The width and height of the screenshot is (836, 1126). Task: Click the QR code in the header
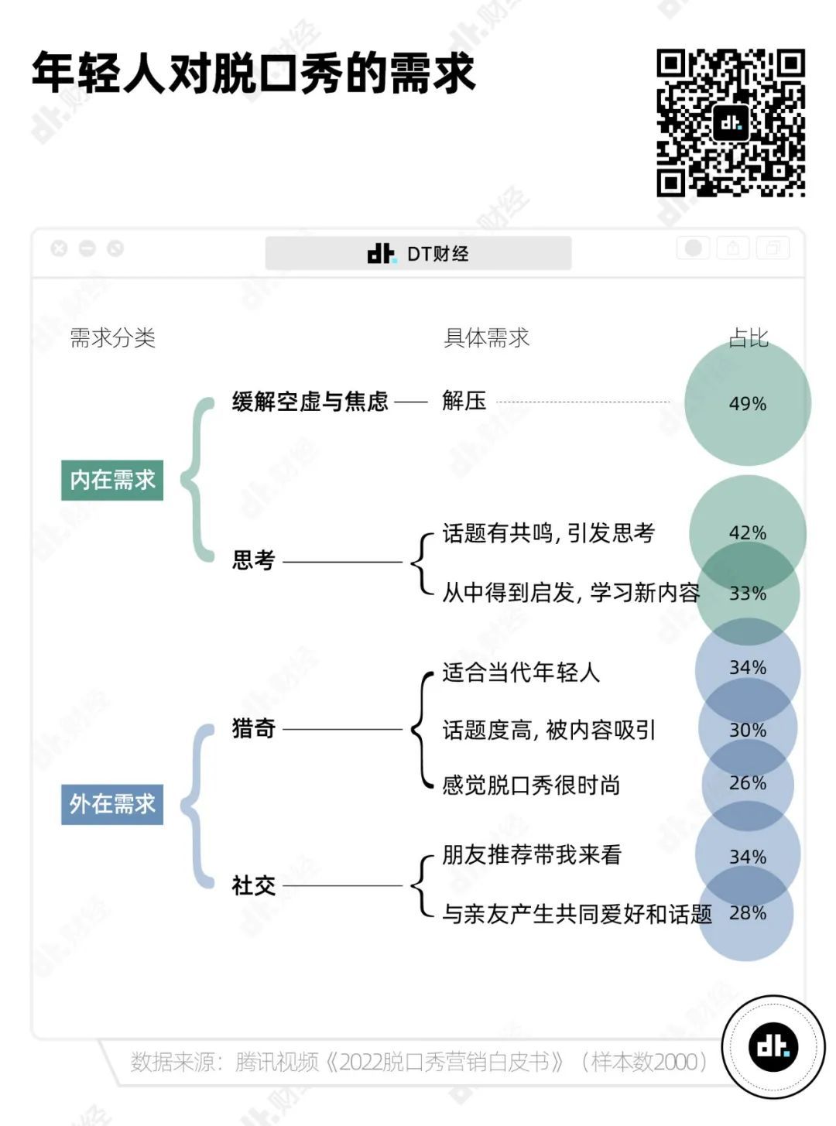[731, 123]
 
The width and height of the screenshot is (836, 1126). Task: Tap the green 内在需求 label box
[112, 480]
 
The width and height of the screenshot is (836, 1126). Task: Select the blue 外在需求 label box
[112, 804]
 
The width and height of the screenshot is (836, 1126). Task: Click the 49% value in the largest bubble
[747, 404]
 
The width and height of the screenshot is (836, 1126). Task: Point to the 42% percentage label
[747, 533]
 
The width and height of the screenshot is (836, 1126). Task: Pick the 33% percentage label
[747, 593]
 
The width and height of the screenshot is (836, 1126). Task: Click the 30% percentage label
[747, 730]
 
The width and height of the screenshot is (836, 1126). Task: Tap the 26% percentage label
[747, 783]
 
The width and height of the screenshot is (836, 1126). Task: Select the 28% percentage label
[747, 912]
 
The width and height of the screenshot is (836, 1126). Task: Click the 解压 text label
[464, 401]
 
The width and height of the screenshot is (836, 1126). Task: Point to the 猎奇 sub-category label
[253, 728]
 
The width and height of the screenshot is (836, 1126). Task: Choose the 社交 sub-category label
[253, 886]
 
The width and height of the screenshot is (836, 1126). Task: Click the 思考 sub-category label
[253, 560]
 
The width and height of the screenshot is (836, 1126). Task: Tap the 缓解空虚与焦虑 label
[310, 402]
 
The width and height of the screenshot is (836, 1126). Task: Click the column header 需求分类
[112, 337]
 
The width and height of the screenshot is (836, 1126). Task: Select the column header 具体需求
[486, 337]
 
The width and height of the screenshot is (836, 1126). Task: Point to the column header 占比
[748, 337]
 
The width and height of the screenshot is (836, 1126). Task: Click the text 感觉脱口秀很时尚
[531, 785]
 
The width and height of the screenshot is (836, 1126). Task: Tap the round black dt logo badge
[773, 1046]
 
